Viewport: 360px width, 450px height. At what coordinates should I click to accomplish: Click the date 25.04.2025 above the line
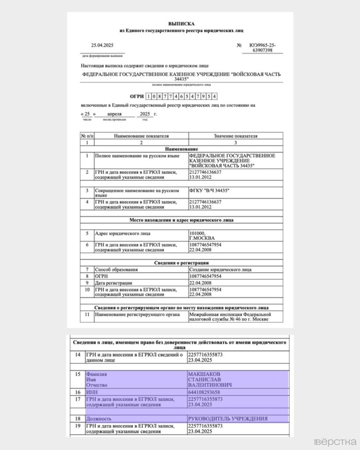click(x=102, y=45)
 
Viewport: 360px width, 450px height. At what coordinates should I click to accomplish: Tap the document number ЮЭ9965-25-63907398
click(x=262, y=48)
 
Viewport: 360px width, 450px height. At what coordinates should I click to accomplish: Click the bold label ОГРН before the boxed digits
click(x=137, y=96)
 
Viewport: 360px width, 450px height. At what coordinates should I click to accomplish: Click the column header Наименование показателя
click(x=141, y=136)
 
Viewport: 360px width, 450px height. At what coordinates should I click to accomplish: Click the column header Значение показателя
click(x=235, y=136)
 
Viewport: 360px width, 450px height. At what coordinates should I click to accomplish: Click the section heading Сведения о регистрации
click(x=181, y=262)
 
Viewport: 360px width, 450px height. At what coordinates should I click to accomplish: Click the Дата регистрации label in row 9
click(x=113, y=283)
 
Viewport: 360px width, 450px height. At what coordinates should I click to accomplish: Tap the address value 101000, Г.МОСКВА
click(x=202, y=236)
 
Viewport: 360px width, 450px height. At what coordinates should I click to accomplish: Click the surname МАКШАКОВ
click(x=204, y=374)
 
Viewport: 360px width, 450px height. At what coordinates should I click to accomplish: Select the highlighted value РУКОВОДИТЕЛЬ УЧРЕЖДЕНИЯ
click(x=228, y=418)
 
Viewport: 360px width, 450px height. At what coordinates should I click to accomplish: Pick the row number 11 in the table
click(x=87, y=315)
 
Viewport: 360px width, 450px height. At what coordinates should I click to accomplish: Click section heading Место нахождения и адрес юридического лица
click(x=181, y=220)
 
